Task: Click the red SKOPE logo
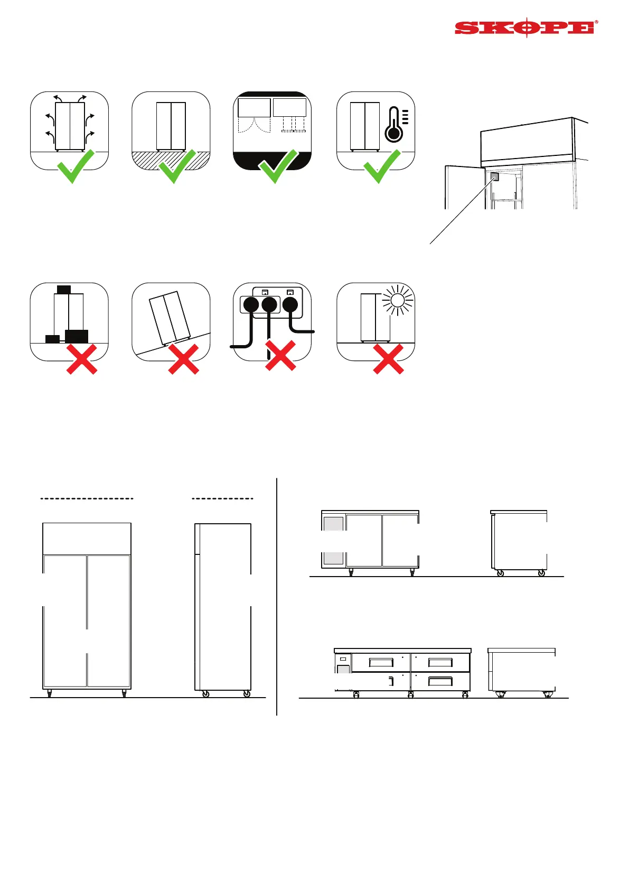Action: pyautogui.click(x=526, y=28)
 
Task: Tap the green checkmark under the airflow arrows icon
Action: pyautogui.click(x=76, y=166)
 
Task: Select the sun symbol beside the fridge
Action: pyautogui.click(x=397, y=301)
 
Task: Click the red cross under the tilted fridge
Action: pyautogui.click(x=183, y=359)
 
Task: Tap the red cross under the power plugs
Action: pyautogui.click(x=280, y=356)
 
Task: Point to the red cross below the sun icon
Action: pyautogui.click(x=388, y=359)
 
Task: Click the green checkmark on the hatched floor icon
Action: pyautogui.click(x=177, y=166)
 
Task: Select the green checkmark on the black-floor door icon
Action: pyautogui.click(x=278, y=166)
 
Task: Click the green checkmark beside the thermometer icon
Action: pyautogui.click(x=382, y=166)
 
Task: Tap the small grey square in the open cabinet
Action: pyautogui.click(x=495, y=177)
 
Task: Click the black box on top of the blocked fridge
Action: pyautogui.click(x=64, y=290)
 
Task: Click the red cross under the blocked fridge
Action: pyautogui.click(x=82, y=359)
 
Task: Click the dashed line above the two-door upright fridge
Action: pyautogui.click(x=87, y=498)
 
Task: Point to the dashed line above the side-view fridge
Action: pyautogui.click(x=222, y=498)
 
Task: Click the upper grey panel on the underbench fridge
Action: pyautogui.click(x=333, y=524)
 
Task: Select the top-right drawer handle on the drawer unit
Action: pyautogui.click(x=440, y=662)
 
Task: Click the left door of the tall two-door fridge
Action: pyautogui.click(x=65, y=620)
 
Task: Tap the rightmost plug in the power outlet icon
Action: pyautogui.click(x=290, y=304)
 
